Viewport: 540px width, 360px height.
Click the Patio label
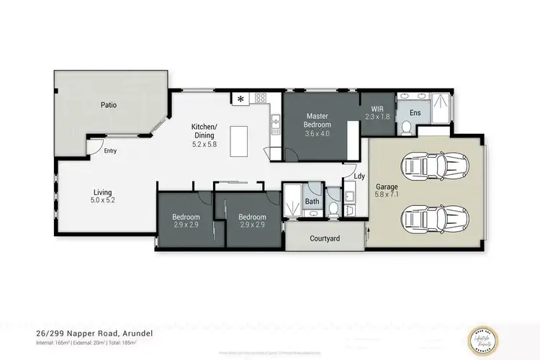coord(109,105)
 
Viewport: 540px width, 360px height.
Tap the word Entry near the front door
coord(110,151)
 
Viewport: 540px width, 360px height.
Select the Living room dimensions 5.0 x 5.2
coord(104,200)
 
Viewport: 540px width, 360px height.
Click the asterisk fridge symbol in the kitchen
coord(240,98)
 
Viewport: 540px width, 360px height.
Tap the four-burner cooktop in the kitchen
coord(260,98)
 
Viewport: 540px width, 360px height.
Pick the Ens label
coord(415,113)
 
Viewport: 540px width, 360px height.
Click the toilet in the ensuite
coord(405,128)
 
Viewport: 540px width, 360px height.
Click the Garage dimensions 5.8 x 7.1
coord(387,194)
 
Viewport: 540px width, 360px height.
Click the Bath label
coord(312,202)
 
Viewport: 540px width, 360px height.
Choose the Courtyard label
coord(325,238)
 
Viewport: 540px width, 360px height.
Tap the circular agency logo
coord(496,335)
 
